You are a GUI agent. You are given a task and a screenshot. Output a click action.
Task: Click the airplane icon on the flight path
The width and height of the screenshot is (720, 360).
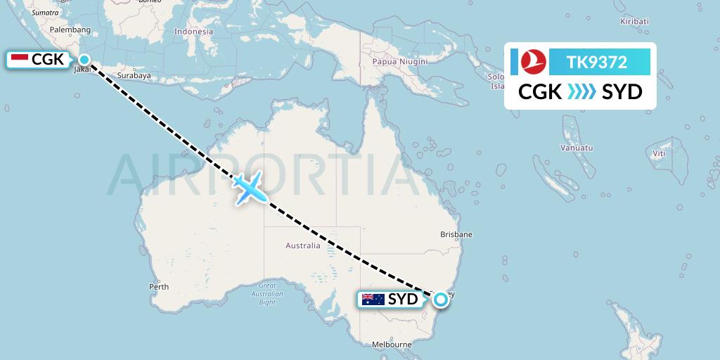[247, 188]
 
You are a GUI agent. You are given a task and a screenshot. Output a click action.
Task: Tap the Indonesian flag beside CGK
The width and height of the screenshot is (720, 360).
[20, 60]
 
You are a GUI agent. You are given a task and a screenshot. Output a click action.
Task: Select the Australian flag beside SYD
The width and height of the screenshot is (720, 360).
[373, 300]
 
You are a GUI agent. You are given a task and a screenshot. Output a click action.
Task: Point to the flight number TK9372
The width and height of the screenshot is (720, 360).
[597, 63]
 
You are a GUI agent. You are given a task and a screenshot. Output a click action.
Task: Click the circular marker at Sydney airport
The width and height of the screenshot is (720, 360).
[441, 300]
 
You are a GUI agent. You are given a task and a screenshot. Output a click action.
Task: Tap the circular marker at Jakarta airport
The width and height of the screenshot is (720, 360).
[84, 60]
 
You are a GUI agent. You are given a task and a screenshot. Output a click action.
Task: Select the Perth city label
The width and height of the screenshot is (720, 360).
[159, 286]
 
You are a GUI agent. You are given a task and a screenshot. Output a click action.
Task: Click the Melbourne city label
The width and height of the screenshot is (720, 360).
[392, 344]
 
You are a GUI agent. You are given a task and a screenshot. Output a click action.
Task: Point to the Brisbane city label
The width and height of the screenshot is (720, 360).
[456, 234]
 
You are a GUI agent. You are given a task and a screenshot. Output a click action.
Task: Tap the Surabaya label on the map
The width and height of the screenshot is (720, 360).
[134, 75]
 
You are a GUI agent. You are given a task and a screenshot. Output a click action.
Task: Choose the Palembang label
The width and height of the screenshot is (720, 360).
[71, 30]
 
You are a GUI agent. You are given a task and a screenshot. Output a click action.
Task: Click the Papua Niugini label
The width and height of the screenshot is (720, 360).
[400, 61]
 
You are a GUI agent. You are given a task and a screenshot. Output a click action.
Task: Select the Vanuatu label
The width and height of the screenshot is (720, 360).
[577, 148]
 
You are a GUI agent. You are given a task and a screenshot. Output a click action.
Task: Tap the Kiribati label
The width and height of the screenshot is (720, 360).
[634, 22]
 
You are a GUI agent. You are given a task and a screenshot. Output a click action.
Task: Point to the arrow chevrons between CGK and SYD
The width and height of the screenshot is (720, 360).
[581, 92]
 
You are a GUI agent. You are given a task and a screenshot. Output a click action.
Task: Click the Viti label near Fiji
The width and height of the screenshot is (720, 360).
[659, 153]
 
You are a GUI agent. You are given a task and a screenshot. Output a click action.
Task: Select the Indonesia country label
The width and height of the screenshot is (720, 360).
[193, 32]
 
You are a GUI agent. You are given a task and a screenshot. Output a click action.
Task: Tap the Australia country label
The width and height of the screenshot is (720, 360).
[303, 245]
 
